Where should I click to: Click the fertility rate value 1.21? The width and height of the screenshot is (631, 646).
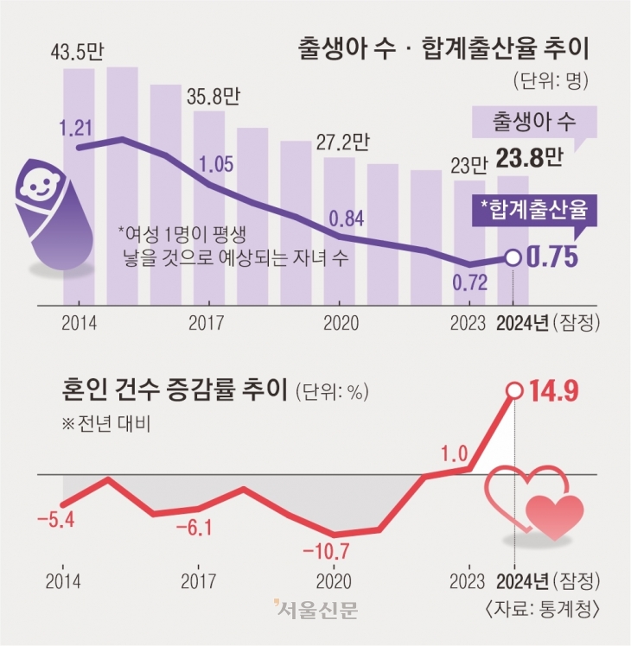[77, 128]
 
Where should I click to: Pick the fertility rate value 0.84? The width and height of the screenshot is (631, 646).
[345, 217]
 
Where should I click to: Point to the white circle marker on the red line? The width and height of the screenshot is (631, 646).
[514, 390]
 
